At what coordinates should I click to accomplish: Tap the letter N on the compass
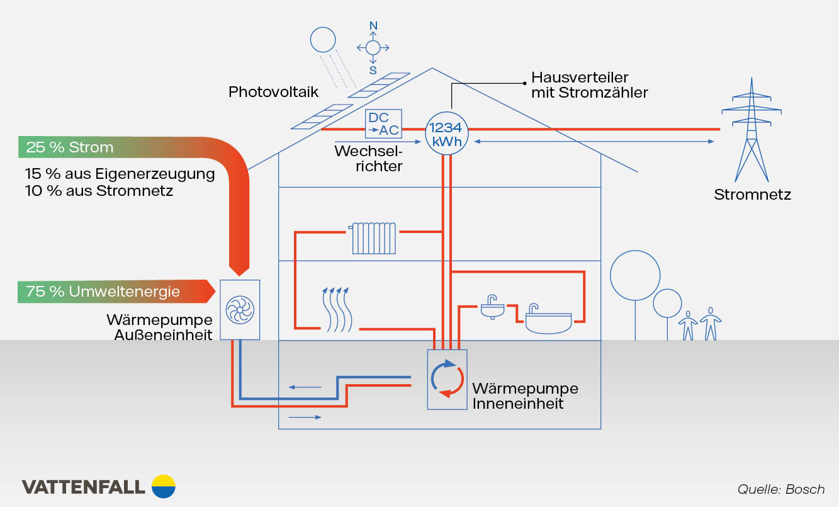(x=373, y=26)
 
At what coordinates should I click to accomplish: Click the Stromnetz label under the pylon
(x=752, y=195)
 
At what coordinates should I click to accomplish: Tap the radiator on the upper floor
(x=374, y=237)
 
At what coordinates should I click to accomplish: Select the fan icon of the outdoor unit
(x=240, y=309)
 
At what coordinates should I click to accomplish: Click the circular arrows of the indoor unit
(x=447, y=378)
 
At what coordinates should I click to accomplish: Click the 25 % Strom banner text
(x=70, y=147)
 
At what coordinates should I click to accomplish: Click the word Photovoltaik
(x=273, y=92)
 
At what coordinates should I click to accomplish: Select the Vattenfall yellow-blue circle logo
(x=164, y=486)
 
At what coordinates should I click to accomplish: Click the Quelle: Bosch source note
(x=781, y=489)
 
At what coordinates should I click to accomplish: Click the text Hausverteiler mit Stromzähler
(x=589, y=85)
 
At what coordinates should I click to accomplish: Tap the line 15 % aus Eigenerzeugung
(x=120, y=174)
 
